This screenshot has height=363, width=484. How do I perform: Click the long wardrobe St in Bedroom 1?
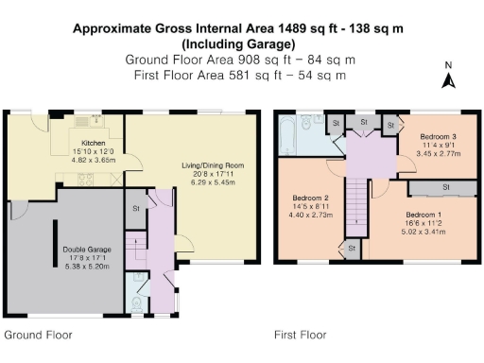coord(445,188)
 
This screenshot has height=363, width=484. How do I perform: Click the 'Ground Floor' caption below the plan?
coord(38,335)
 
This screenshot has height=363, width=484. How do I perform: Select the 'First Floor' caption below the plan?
coord(300,335)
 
